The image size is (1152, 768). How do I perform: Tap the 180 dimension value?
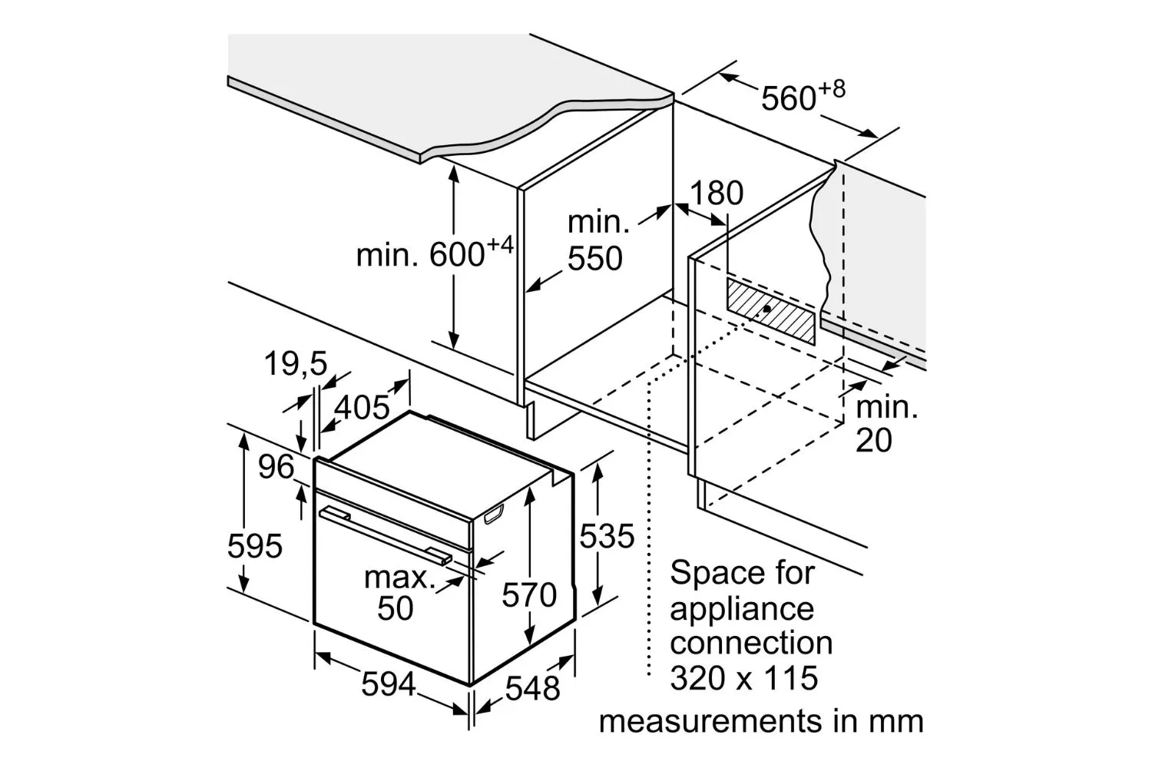tap(717, 193)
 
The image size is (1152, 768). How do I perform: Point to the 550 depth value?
tap(595, 258)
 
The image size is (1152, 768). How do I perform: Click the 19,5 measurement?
tap(296, 363)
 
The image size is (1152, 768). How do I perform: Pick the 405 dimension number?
tap(362, 407)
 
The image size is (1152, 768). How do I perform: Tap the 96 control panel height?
tap(276, 467)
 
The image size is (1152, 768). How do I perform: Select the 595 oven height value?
tap(254, 546)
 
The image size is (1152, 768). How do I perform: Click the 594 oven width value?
tap(389, 684)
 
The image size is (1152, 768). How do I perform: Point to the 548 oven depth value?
tap(532, 688)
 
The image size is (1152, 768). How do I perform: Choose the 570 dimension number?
tap(529, 594)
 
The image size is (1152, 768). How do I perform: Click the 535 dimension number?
tap(607, 536)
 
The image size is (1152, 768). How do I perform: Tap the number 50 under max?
tap(396, 608)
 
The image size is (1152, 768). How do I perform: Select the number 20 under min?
tap(874, 440)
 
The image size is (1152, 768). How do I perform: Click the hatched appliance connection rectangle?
tap(770, 311)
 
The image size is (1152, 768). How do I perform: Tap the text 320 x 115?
tap(744, 677)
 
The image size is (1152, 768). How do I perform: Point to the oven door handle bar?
tap(386, 535)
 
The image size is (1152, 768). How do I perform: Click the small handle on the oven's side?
tap(494, 514)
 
